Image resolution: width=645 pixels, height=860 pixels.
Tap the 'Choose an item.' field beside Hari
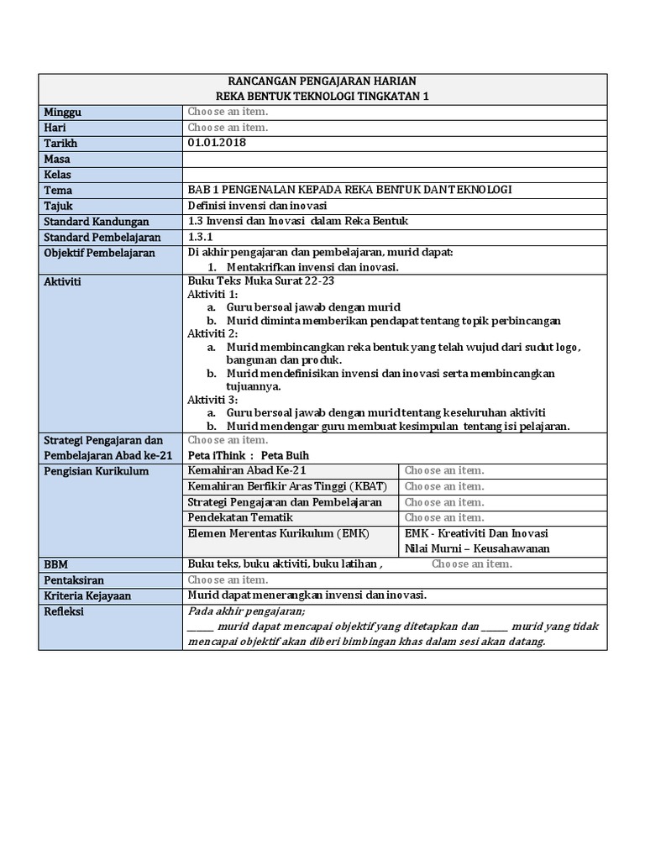coord(228,128)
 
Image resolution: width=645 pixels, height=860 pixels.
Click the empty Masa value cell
coord(393,159)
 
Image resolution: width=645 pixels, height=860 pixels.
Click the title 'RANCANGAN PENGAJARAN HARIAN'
coord(322,81)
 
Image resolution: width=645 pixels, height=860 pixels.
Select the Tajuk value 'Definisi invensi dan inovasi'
coord(257,206)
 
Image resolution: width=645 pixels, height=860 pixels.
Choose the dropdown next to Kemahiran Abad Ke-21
coord(444,470)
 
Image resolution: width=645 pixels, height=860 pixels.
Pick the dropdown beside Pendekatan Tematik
coord(444,517)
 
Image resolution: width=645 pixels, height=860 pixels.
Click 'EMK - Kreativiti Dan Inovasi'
coord(477,533)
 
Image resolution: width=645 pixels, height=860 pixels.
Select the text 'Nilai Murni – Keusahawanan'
coord(477,548)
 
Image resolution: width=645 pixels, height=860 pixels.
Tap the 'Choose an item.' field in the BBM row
coord(471,564)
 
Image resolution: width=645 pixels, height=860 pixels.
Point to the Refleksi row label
coord(64,611)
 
